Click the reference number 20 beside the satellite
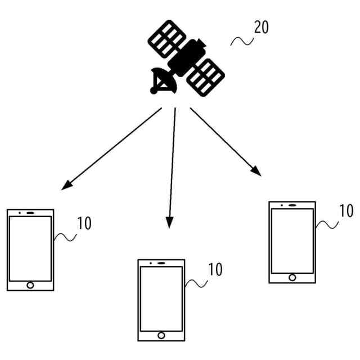262,28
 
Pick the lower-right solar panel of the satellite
206,76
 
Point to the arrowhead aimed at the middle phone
168,224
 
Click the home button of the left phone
30,285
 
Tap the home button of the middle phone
161,335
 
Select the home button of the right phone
292,277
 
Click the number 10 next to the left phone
84,223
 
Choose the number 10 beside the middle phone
215,269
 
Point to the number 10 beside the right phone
346,211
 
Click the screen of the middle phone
161,298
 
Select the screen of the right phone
292,240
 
